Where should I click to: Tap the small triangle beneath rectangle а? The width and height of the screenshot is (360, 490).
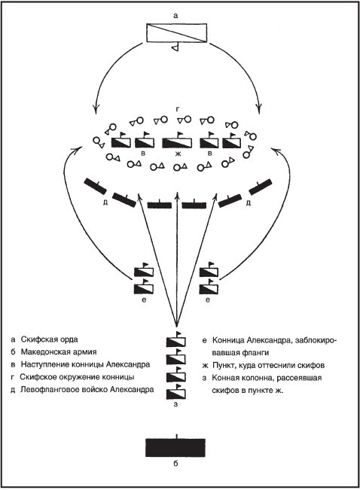(x=174, y=48)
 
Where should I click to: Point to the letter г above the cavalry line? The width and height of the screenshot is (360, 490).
(x=177, y=109)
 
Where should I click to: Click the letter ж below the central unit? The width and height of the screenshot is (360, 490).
(x=178, y=154)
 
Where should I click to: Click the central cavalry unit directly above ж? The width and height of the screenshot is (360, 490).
(x=178, y=142)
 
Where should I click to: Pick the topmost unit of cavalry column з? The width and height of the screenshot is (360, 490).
(x=175, y=342)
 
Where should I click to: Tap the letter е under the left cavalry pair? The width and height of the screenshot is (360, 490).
(x=143, y=300)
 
